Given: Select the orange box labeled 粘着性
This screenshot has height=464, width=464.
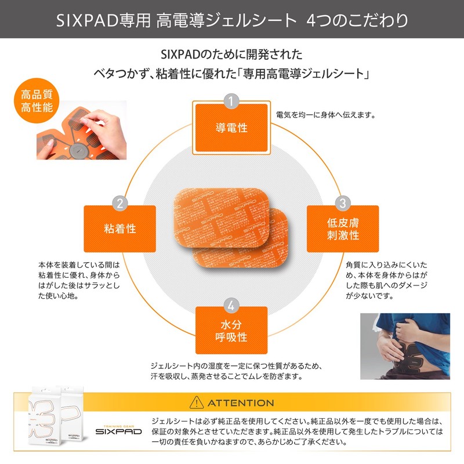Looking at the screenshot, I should [119, 229].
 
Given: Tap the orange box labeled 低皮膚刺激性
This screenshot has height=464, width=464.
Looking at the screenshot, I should [342, 229].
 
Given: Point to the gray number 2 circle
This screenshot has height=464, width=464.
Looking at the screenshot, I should [119, 203].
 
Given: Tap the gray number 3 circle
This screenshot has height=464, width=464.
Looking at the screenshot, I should [342, 203].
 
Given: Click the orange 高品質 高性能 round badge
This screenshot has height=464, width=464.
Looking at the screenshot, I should [34, 100].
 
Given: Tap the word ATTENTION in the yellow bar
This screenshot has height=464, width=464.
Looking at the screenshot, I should [241, 403].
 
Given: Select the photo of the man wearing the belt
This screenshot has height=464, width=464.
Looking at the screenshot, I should [405, 346].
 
